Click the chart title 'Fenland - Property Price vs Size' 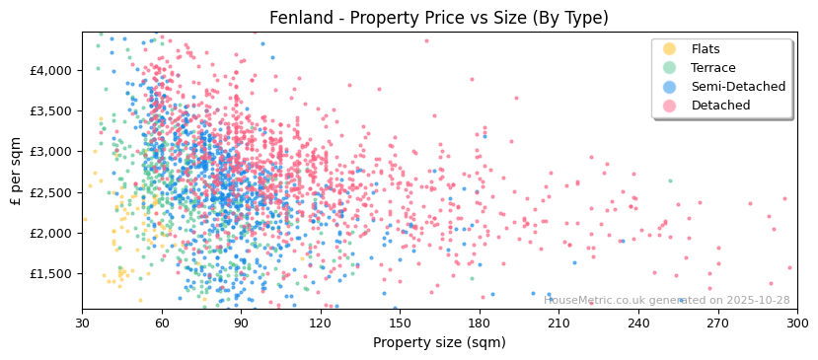(439, 18)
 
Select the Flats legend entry (705, 49)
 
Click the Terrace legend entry (712, 68)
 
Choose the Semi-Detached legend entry (738, 87)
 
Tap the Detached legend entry (720, 106)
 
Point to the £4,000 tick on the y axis (50, 70)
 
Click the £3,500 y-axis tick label (50, 110)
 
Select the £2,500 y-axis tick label (50, 192)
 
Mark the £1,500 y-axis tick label (50, 273)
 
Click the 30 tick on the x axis (82, 323)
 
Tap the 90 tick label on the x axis (241, 323)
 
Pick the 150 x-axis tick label (400, 323)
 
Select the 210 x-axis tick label (558, 323)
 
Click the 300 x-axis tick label (797, 323)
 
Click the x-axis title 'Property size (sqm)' (439, 342)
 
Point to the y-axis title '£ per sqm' (17, 171)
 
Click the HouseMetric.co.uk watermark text (667, 300)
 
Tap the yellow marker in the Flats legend (670, 49)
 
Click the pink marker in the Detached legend (670, 106)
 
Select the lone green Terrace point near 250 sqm (670, 180)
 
